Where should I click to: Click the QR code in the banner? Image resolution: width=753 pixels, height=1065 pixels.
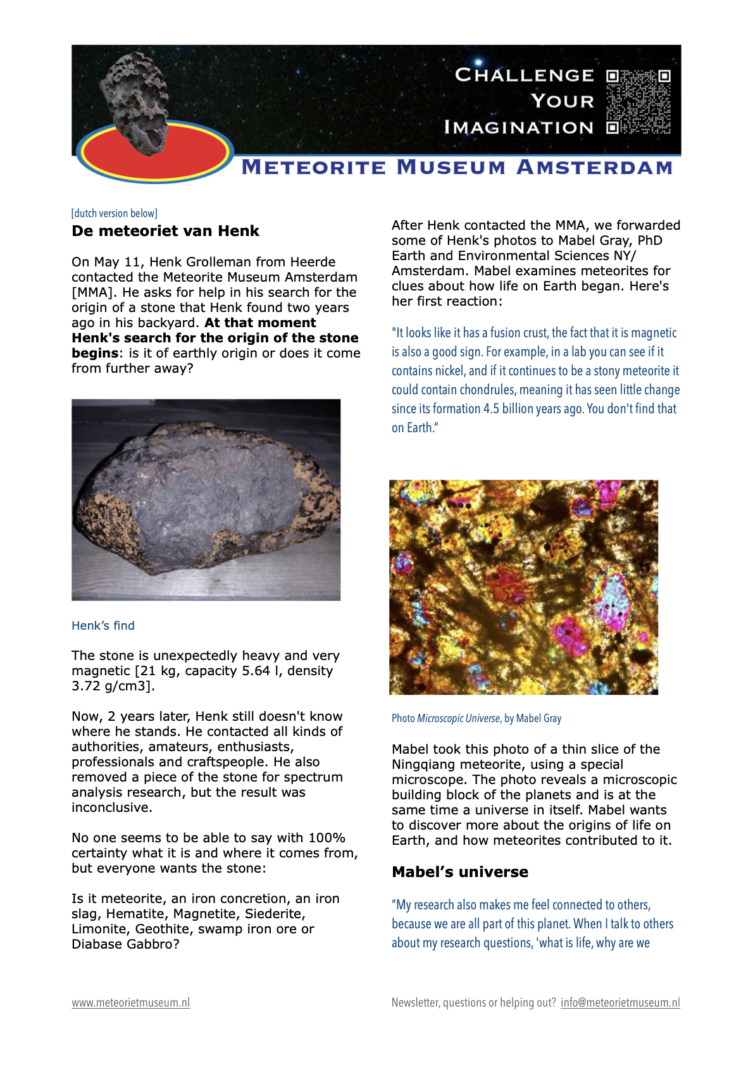coord(638,101)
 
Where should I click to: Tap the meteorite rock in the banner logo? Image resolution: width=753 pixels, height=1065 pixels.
coord(136,101)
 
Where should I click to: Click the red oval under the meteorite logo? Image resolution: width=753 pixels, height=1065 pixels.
coord(155,155)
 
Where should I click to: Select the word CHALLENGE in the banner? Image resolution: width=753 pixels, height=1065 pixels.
coord(525,75)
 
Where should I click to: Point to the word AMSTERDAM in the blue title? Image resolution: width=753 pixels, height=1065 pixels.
coord(594,168)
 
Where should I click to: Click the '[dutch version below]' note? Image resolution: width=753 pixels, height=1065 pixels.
coord(115,213)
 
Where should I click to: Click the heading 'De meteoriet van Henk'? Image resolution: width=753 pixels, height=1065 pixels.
coord(165,231)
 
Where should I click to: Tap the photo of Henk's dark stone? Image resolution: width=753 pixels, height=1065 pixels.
coord(206,499)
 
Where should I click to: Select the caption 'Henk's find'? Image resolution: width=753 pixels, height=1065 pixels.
coord(103,626)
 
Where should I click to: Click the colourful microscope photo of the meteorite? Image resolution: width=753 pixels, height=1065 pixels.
coord(523,587)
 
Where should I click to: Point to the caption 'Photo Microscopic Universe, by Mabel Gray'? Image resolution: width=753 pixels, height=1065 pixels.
coord(476,718)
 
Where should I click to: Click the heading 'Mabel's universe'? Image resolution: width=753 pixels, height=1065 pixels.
coord(460,872)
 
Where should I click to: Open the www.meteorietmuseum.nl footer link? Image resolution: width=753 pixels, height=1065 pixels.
coord(130,1002)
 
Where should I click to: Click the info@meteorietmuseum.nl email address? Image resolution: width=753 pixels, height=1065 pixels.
coord(620,1002)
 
